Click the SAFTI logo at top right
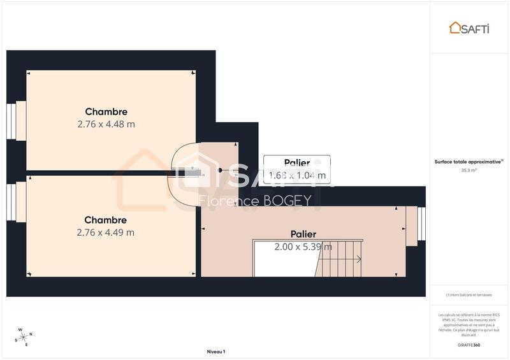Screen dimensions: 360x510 point(469,27)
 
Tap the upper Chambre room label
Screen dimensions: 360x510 point(106,112)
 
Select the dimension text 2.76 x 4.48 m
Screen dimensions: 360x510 point(106,124)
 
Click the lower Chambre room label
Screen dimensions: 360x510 point(106,220)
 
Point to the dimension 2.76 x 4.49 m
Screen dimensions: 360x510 point(106,233)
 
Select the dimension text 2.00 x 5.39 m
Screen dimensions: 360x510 point(303,247)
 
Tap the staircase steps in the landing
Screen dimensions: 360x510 point(340,259)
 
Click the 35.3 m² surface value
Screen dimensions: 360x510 point(469,170)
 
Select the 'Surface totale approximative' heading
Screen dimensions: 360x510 point(469,162)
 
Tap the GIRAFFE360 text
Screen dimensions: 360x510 point(469,344)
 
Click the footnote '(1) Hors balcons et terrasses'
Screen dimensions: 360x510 point(469,294)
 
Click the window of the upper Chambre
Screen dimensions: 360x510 point(11,120)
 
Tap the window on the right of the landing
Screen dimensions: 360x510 point(420,224)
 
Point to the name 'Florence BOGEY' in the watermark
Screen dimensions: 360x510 point(255,201)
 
